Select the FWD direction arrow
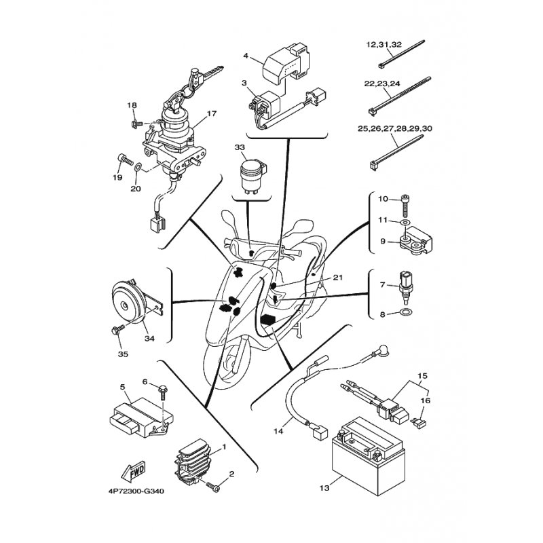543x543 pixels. tap(132, 471)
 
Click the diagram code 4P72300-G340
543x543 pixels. tap(134, 491)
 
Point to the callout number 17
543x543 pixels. tap(212, 113)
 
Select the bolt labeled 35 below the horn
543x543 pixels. tap(117, 329)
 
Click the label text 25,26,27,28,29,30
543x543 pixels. tap(395, 128)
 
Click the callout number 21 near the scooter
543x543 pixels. tap(337, 278)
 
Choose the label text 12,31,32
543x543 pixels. tap(384, 45)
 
